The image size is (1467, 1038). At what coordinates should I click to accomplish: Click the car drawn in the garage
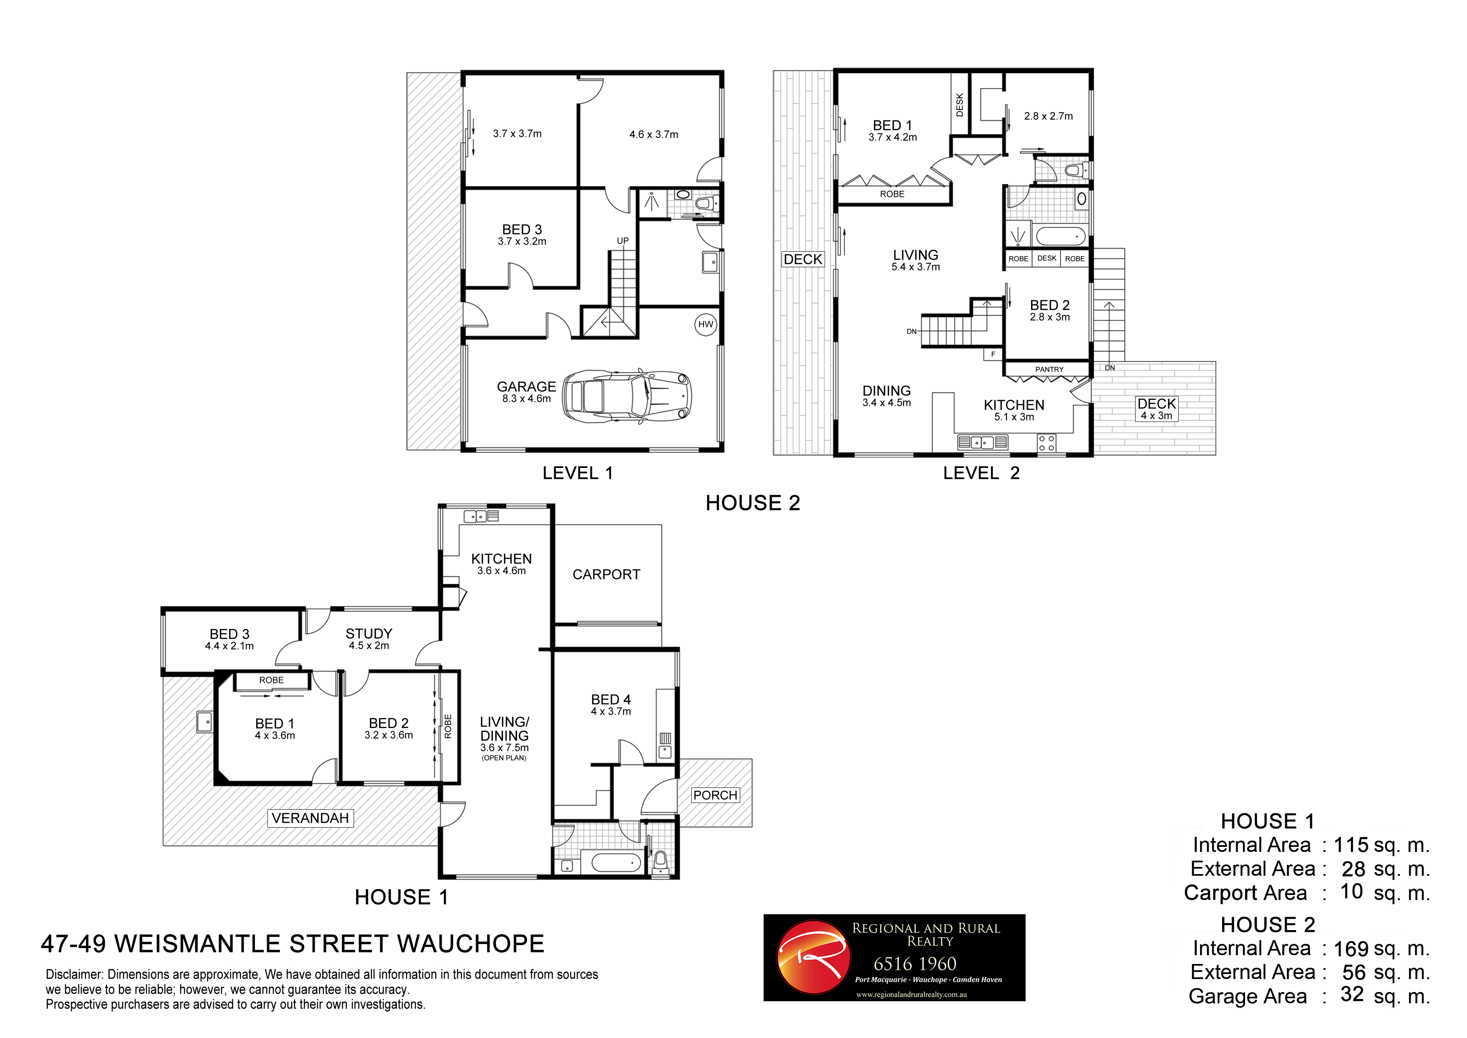point(627,396)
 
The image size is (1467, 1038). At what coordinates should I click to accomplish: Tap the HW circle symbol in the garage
point(705,324)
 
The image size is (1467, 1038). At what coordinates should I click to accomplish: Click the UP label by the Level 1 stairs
point(622,241)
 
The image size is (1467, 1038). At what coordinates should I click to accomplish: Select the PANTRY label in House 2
point(1049,369)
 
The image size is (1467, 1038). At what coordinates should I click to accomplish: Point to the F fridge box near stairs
point(993,354)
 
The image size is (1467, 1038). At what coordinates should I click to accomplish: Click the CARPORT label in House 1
point(606,575)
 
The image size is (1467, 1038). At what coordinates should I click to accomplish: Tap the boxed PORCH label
point(715,795)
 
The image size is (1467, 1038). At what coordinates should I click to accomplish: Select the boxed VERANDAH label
point(310,818)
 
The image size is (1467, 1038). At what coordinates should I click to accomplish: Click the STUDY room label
point(369,634)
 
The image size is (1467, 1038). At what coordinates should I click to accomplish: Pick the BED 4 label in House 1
point(610,700)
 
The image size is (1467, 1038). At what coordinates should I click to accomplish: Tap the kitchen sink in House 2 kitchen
point(982,442)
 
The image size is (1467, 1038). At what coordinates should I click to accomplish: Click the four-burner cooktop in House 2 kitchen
point(1047,443)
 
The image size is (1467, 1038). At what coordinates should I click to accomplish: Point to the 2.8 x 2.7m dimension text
point(1048,116)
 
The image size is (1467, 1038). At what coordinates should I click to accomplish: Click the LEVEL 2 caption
point(981,473)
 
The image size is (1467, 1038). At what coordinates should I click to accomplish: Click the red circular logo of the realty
point(813,957)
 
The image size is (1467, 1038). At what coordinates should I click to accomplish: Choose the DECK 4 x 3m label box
point(1156,409)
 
